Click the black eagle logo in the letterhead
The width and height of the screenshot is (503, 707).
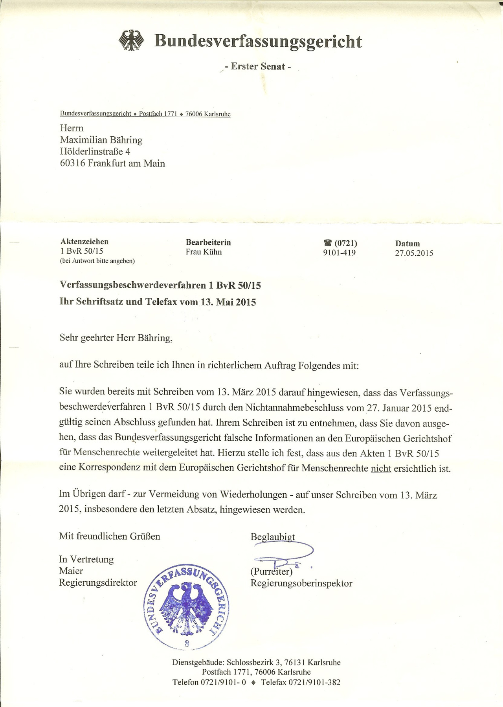131,40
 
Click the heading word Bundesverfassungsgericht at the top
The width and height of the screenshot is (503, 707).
258,41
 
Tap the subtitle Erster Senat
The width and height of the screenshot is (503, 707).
258,66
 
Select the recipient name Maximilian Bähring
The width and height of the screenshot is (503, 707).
101,140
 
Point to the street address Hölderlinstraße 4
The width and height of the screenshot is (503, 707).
95,152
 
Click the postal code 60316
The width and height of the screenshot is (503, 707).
72,163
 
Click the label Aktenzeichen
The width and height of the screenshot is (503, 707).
84,242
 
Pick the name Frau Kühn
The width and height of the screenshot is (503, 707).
204,252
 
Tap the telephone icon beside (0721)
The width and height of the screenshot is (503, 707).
328,243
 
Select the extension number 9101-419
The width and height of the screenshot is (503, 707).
339,253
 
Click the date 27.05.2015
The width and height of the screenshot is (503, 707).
414,253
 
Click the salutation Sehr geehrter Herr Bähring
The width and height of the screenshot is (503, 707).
116,338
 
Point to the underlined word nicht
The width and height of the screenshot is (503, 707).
381,469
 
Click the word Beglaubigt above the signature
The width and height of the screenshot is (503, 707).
273,537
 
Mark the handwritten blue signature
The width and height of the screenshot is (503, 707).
283,555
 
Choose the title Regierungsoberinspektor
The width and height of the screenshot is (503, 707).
301,583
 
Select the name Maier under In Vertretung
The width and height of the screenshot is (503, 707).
71,571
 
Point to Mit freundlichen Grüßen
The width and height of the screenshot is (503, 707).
110,537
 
